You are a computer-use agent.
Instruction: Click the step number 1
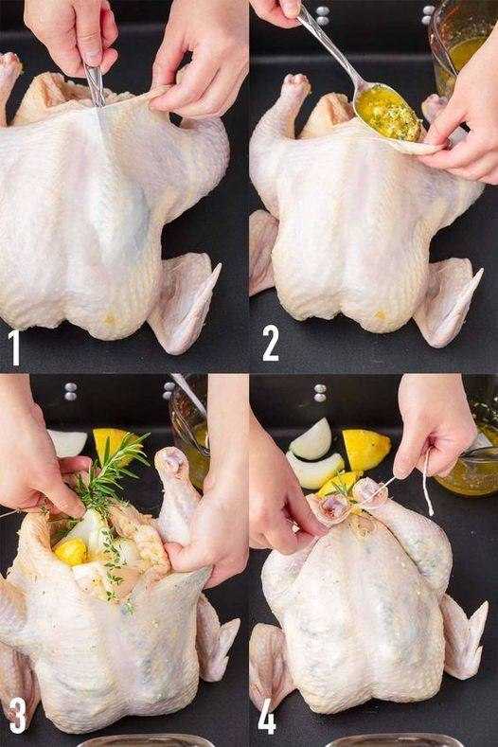[x=15, y=346]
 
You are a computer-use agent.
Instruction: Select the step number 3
[x=16, y=715]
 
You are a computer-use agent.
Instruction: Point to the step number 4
[x=269, y=716]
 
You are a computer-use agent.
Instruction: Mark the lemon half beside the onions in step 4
[x=365, y=447]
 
